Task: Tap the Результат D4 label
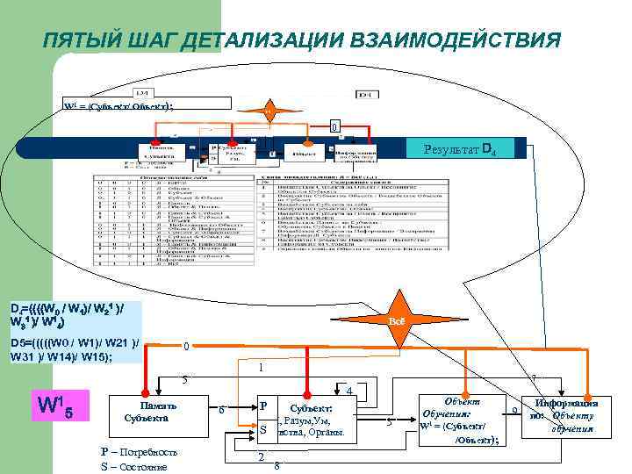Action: tap(460, 147)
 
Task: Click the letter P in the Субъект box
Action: tap(262, 408)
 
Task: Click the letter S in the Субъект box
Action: tap(262, 430)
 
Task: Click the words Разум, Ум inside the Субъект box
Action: tap(307, 420)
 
